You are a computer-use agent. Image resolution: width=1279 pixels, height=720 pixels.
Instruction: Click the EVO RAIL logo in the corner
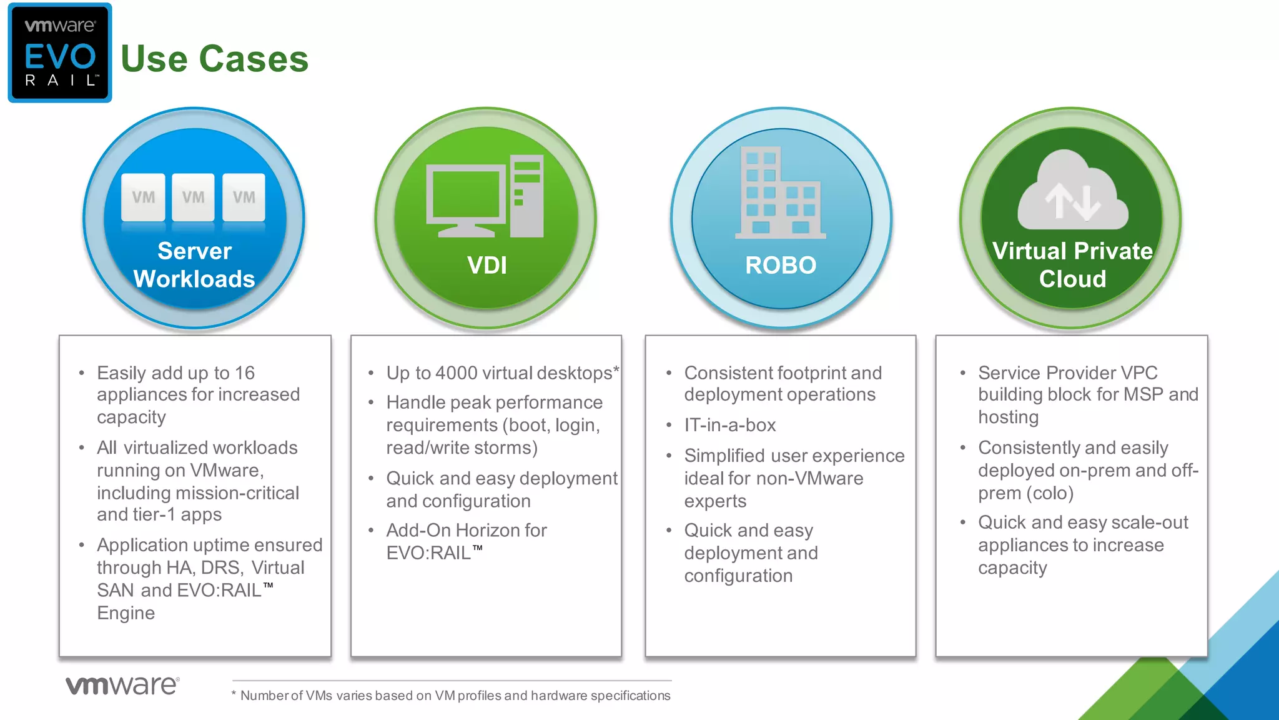click(60, 53)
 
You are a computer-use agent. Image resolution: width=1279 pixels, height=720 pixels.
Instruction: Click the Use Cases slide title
click(214, 59)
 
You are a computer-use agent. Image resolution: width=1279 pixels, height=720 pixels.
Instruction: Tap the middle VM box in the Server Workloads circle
click(193, 197)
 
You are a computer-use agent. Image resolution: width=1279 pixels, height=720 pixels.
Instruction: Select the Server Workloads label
click(194, 265)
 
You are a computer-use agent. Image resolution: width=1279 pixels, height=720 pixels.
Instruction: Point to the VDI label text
click(486, 266)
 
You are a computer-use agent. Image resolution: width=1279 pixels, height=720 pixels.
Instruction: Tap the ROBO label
click(781, 266)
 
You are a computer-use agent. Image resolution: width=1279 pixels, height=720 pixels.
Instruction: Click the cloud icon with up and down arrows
click(1072, 191)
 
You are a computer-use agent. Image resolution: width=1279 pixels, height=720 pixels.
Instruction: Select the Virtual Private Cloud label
click(1072, 265)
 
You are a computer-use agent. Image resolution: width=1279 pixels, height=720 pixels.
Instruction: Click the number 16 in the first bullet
click(244, 373)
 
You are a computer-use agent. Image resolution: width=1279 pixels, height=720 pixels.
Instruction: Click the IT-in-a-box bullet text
click(729, 425)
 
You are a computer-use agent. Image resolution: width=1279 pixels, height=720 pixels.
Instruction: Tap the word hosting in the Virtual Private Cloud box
click(1008, 417)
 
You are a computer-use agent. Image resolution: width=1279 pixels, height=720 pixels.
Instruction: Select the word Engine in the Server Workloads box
click(126, 613)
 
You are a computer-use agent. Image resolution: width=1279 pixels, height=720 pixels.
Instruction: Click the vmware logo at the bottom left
click(122, 685)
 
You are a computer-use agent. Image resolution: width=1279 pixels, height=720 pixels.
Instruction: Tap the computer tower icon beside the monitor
click(526, 196)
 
